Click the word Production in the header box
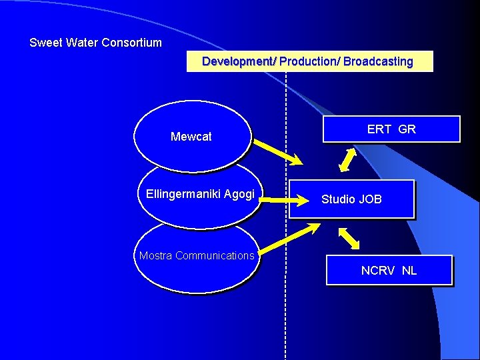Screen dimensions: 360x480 [309, 61]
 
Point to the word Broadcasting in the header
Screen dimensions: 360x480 [378, 61]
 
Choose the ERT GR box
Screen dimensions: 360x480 [391, 129]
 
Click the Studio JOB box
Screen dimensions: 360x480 [351, 199]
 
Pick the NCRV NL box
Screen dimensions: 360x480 [389, 271]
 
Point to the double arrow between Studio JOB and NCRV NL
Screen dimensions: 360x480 [349, 239]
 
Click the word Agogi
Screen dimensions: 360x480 [239, 194]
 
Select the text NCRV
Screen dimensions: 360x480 [378, 271]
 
